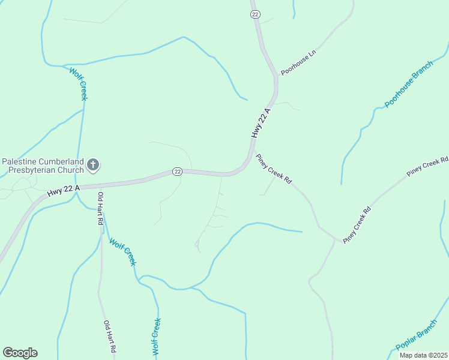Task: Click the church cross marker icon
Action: tap(93, 164)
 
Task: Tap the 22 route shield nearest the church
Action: tap(177, 172)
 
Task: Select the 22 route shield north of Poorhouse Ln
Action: tap(255, 14)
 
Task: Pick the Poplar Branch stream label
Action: tap(416, 336)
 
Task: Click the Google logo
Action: tap(20, 353)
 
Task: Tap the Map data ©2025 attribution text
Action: tap(424, 355)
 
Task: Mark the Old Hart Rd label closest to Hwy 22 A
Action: tap(101, 208)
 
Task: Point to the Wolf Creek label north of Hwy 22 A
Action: tap(79, 83)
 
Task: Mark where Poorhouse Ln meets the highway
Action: tap(277, 75)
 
